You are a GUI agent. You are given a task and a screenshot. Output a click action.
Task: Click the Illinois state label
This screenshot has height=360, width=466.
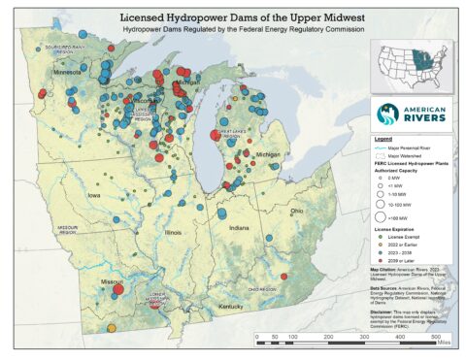[x=174, y=234]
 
